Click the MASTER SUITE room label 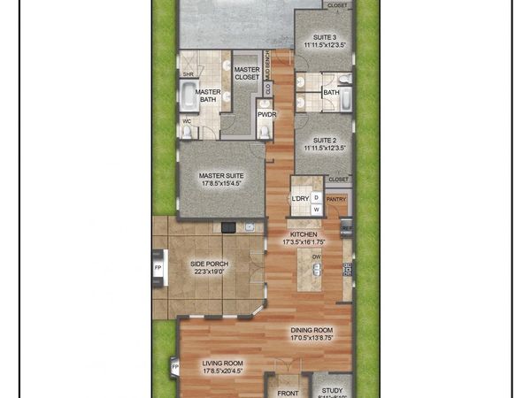pos(222,176)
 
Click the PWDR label pos(265,114)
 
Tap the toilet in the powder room pos(265,132)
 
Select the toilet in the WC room pos(187,132)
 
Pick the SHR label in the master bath pos(188,74)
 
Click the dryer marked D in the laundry pos(316,197)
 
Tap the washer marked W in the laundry pos(316,209)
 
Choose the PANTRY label pos(336,200)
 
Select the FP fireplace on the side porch pos(158,267)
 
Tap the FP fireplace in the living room pos(174,365)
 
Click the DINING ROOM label pos(312,330)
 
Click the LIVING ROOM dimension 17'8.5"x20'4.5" pos(222,372)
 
